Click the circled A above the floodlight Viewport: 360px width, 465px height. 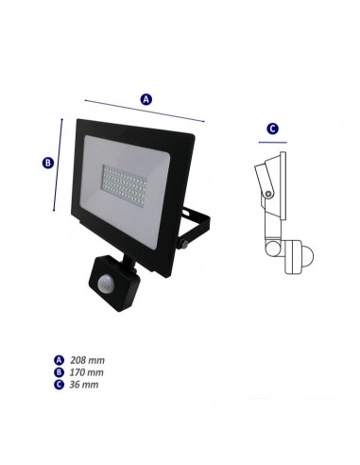click(146, 98)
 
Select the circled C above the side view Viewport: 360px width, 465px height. click(272, 129)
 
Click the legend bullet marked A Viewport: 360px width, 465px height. click(58, 360)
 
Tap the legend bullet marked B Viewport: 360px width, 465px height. click(58, 372)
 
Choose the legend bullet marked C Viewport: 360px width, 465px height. click(58, 385)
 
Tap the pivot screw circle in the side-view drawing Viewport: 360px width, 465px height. click(269, 194)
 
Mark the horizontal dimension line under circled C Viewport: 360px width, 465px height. click(272, 144)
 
